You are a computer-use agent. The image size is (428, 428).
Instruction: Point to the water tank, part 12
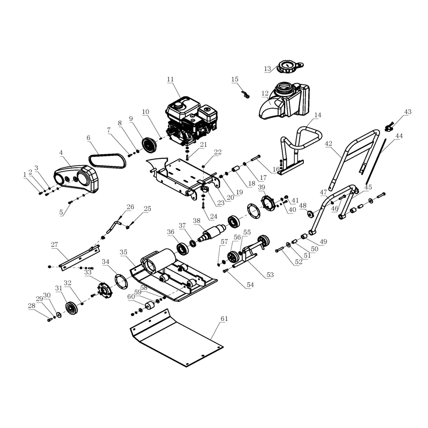point(287,101)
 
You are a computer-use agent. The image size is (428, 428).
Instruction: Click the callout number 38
point(196,220)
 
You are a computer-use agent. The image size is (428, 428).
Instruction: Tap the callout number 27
point(54,245)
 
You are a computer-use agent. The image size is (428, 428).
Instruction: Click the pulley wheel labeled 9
point(148,145)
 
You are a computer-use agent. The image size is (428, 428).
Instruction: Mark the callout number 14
point(318,115)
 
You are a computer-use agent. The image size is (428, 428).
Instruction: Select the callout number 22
point(218,152)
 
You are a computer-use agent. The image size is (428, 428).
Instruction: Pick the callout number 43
point(407,112)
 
